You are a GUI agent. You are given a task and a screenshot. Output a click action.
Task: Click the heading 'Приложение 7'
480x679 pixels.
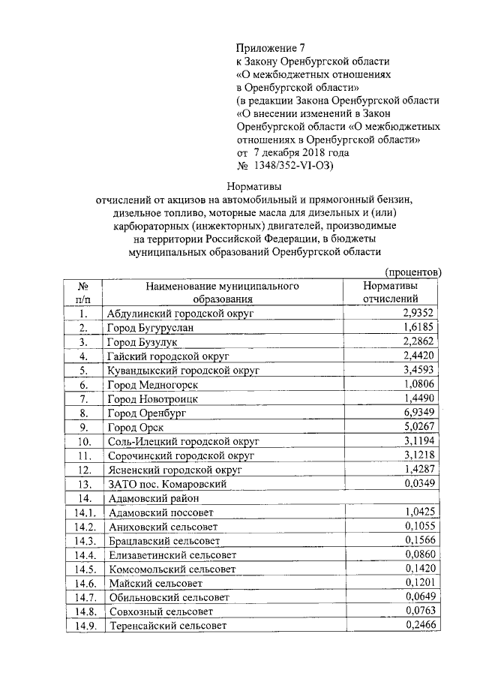(x=271, y=47)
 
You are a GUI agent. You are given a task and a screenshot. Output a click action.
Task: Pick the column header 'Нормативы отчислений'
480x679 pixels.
(x=390, y=293)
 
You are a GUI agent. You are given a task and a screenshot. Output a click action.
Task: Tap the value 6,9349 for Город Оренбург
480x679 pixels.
(x=419, y=413)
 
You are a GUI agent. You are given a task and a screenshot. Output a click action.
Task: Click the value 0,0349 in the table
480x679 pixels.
(x=419, y=484)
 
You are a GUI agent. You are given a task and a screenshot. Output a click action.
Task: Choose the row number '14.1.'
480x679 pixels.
(x=88, y=512)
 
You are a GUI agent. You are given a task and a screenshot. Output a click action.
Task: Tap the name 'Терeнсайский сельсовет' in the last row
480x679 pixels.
(x=166, y=626)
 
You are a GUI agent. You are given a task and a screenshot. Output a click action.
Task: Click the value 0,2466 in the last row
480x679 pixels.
(x=419, y=626)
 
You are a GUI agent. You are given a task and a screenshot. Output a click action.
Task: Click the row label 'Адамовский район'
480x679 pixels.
(x=153, y=498)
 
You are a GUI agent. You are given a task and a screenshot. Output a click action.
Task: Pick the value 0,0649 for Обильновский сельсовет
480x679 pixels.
(x=419, y=597)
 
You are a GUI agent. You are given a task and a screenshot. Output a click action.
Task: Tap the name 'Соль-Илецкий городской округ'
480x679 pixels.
(x=182, y=441)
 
